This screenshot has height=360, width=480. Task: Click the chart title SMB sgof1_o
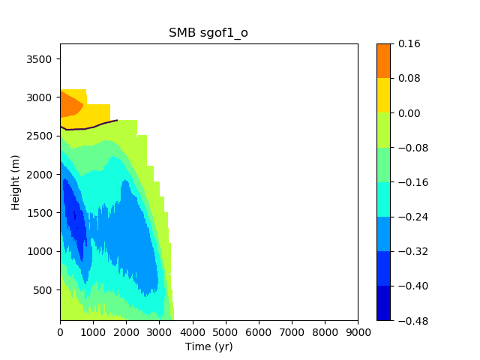click(208, 32)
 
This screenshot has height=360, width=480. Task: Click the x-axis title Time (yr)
click(208, 346)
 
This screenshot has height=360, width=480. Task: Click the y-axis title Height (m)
click(15, 183)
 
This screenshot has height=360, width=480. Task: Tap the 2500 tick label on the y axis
click(39, 136)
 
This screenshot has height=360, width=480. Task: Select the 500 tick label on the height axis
click(42, 290)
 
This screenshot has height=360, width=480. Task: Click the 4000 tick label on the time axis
click(193, 332)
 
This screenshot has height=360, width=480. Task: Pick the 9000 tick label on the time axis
click(358, 332)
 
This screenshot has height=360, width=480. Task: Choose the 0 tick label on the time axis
click(60, 332)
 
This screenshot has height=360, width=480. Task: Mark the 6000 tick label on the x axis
click(259, 332)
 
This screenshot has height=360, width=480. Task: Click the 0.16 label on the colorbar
click(409, 43)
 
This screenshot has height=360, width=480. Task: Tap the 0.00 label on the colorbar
click(409, 113)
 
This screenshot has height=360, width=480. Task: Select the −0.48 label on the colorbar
click(413, 321)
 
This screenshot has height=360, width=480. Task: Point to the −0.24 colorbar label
click(413, 217)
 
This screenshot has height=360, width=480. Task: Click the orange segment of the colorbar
click(383, 61)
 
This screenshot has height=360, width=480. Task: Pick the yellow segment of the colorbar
click(383, 95)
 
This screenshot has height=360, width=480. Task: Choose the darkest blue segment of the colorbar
click(383, 303)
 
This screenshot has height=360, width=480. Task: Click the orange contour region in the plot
click(70, 105)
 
